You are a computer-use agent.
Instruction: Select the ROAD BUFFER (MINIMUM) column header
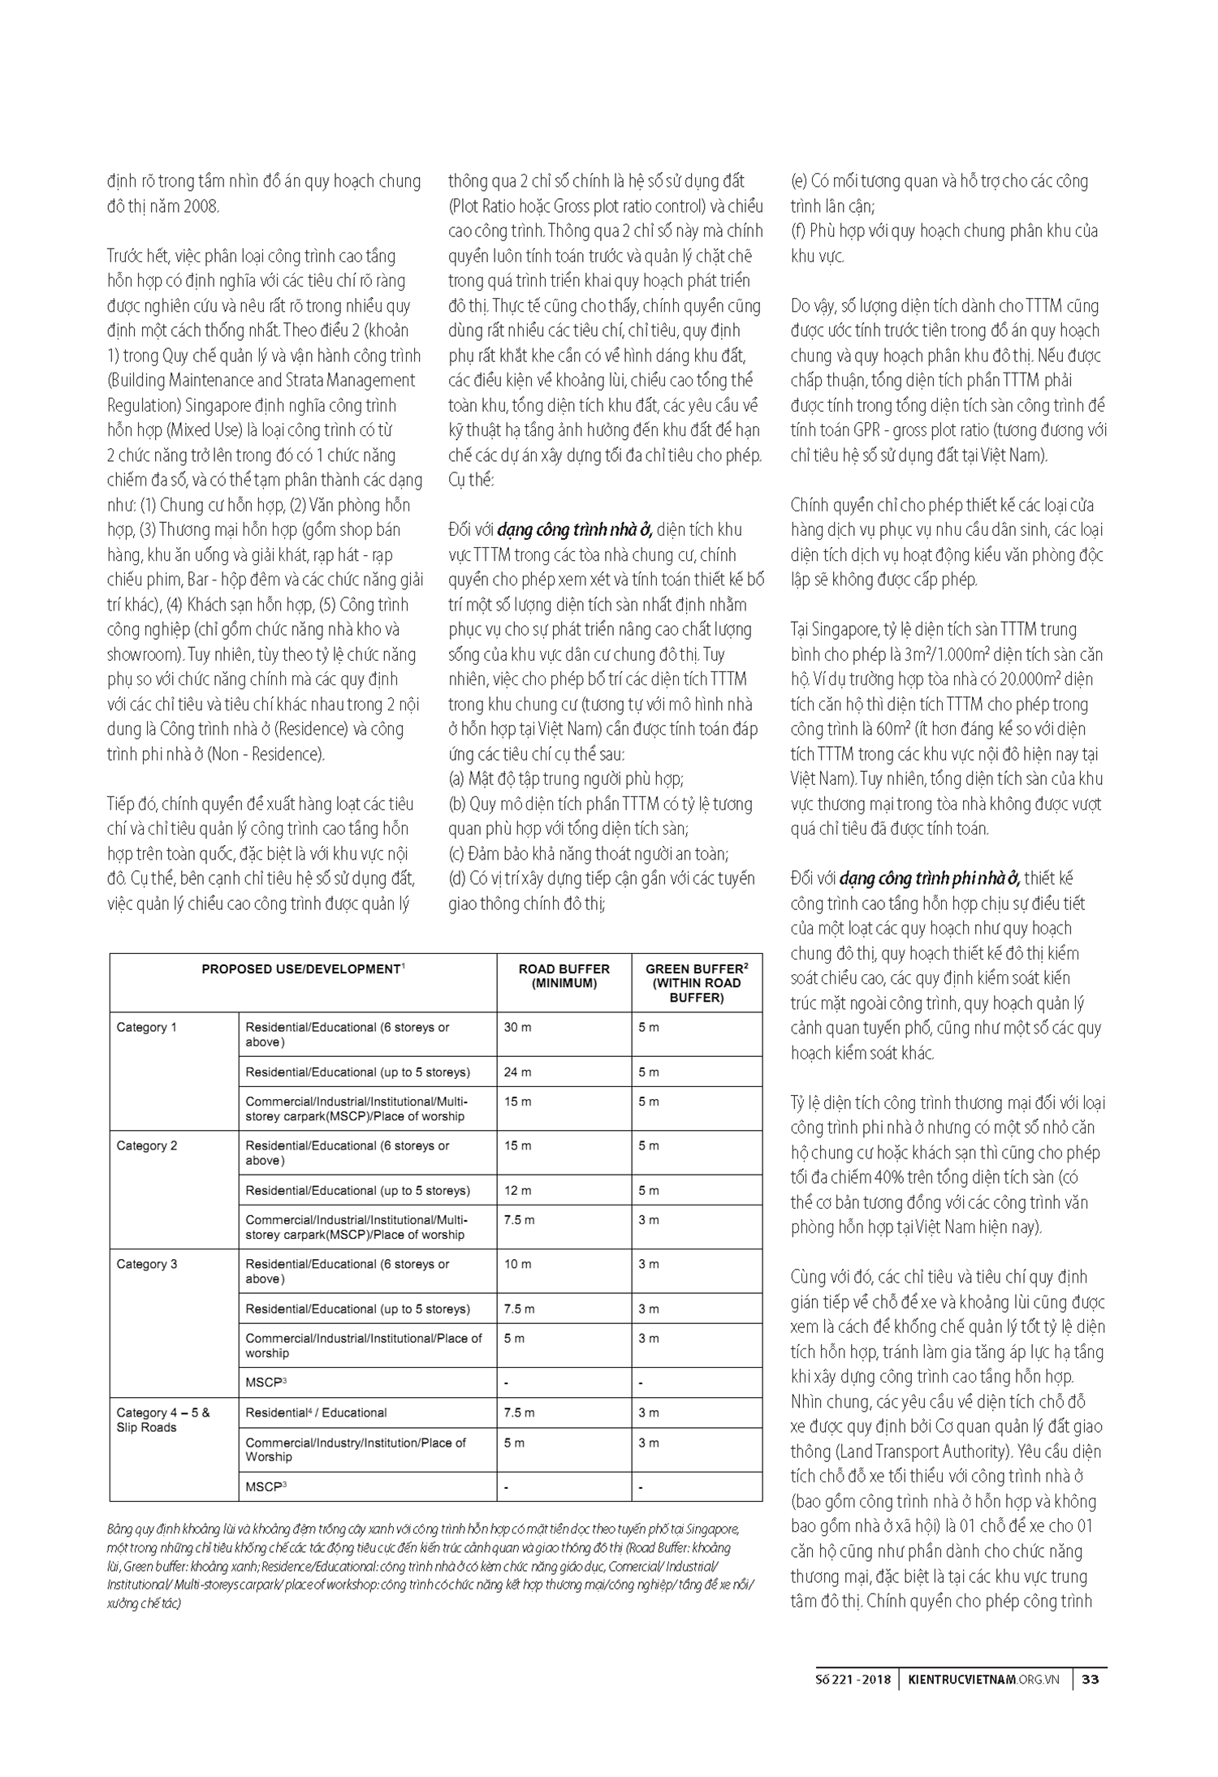pyautogui.click(x=564, y=976)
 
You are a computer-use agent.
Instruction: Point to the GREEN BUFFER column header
pyautogui.click(x=697, y=983)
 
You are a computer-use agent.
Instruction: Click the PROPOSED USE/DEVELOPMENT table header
pyautogui.click(x=303, y=969)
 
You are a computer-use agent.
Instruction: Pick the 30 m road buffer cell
pyautogui.click(x=517, y=1027)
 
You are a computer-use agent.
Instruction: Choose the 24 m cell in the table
pyautogui.click(x=517, y=1072)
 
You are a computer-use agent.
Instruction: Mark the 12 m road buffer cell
pyautogui.click(x=517, y=1190)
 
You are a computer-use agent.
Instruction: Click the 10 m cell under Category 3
pyautogui.click(x=517, y=1264)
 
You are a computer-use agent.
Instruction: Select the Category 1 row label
pyautogui.click(x=146, y=1027)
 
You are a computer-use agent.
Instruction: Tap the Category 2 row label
pyautogui.click(x=146, y=1145)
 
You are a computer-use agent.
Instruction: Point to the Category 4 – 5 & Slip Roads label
pyautogui.click(x=162, y=1420)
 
